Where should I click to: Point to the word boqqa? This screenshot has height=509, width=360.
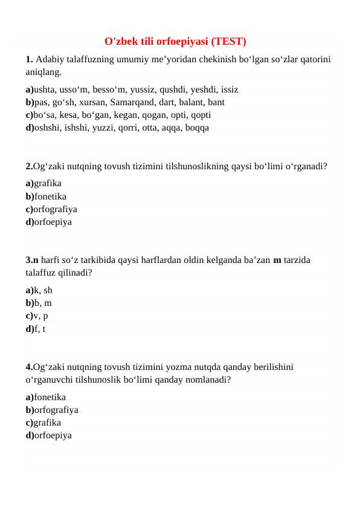197,128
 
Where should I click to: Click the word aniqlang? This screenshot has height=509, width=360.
43,73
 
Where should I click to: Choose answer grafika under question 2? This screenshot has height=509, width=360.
48,183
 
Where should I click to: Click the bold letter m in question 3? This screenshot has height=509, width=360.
277,260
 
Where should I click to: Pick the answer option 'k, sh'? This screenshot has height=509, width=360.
43,290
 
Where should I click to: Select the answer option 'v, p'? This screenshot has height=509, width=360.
42,316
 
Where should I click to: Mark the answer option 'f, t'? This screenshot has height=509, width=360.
40,329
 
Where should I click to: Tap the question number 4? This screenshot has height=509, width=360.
29,367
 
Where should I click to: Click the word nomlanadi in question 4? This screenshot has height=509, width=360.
208,380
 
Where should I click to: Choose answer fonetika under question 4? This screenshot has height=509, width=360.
50,397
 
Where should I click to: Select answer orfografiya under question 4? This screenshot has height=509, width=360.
56,410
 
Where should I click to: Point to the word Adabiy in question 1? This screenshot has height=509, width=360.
48,59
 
